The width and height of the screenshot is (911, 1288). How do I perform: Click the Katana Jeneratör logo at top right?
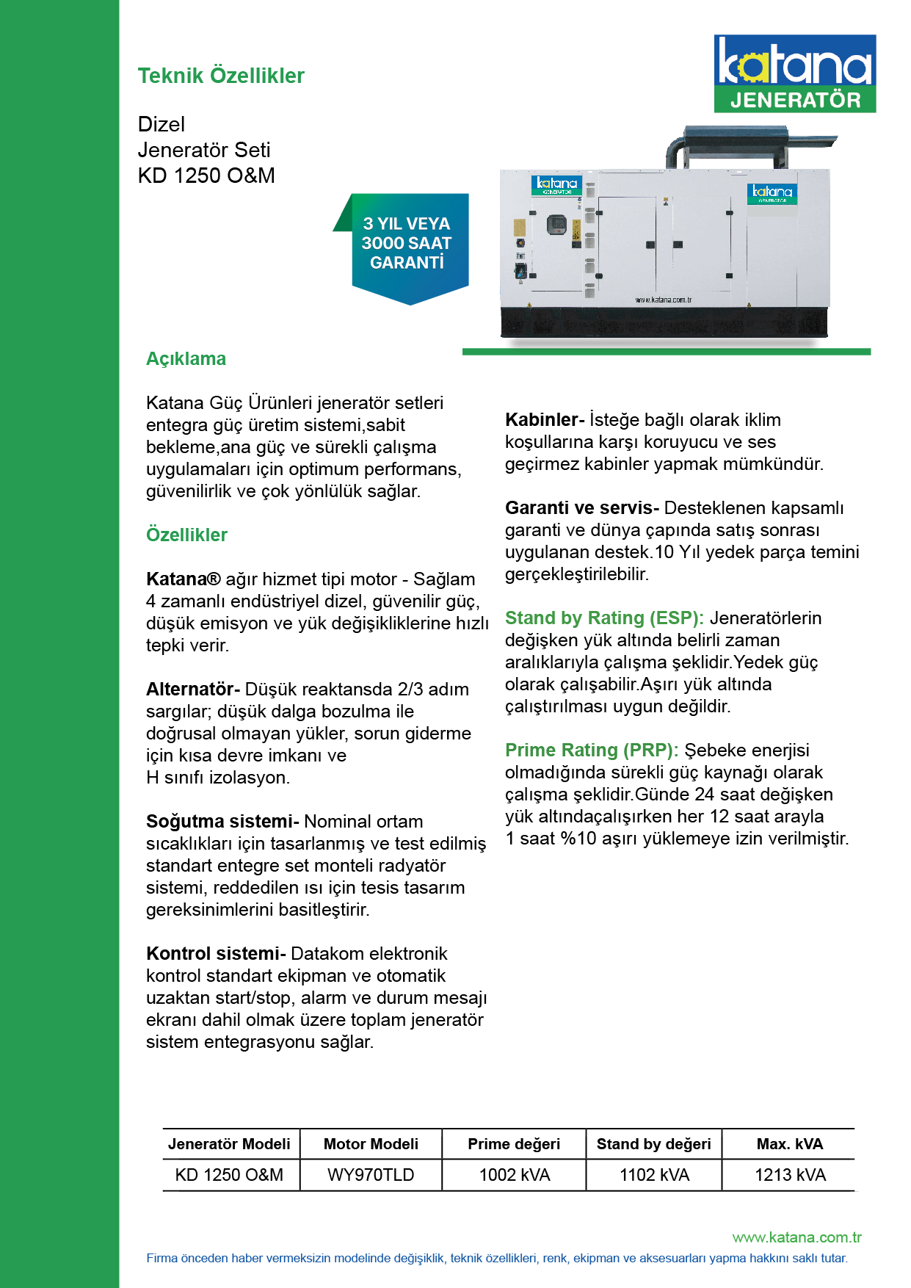point(794,73)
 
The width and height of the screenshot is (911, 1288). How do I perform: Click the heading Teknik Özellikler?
point(221,76)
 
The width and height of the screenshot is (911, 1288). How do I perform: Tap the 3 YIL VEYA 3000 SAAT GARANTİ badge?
point(407,244)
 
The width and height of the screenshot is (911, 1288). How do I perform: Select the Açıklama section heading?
point(186,359)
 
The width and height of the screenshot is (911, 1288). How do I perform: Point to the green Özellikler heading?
point(186,535)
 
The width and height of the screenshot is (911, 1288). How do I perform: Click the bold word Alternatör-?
point(193,690)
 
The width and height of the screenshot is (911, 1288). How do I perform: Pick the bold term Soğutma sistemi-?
point(222,822)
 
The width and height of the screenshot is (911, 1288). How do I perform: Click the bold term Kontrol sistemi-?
point(216,954)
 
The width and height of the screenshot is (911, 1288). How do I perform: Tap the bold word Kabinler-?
point(545,420)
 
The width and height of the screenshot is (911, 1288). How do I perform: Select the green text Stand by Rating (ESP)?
point(604,618)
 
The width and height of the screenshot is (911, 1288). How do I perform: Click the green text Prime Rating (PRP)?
point(592,750)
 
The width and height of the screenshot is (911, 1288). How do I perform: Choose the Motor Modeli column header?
point(371,1144)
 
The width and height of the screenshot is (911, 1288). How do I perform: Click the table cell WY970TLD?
point(371,1175)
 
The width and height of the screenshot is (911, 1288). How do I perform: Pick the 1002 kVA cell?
point(514,1175)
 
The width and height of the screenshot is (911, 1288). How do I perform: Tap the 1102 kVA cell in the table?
point(654,1175)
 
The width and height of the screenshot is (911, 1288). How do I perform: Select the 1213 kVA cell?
point(790,1175)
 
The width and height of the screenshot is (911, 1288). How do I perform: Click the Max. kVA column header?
point(790,1144)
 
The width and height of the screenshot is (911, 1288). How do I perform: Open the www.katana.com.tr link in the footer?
point(796,1237)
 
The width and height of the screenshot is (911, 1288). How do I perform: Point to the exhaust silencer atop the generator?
point(736,139)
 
